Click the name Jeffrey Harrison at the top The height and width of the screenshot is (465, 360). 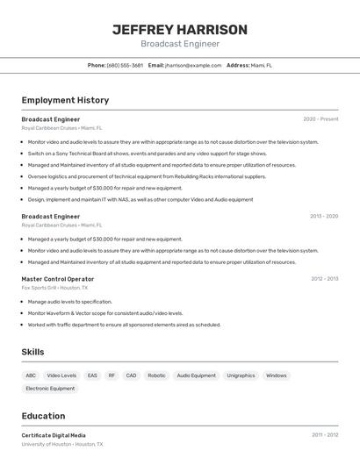pos(180,30)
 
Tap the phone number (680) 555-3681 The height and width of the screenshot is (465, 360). pos(125,65)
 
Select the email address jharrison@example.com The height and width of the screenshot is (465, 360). pos(193,65)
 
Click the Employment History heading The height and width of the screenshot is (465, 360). pos(65,100)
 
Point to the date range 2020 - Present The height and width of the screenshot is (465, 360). pos(320,119)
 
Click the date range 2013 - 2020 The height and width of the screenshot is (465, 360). pos(324,216)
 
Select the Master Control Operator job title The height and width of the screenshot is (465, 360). pos(58,279)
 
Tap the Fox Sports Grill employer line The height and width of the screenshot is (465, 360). pos(54,288)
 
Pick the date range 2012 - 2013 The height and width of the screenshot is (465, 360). pos(324,279)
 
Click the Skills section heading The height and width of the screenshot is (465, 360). pos(33,352)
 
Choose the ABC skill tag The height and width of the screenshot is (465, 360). pos(31,376)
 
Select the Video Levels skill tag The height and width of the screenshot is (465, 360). pos(61,376)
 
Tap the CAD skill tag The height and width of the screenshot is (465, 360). pos(131,376)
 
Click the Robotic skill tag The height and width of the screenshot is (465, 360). pos(156,376)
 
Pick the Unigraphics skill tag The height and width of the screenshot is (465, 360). pos(241,376)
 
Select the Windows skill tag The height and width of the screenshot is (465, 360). pos(276,376)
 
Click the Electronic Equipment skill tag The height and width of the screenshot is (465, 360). pos(50,388)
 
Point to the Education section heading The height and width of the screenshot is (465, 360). pos(43,416)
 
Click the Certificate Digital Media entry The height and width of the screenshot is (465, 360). pos(54,435)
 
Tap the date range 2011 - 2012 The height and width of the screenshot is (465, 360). pos(324,435)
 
